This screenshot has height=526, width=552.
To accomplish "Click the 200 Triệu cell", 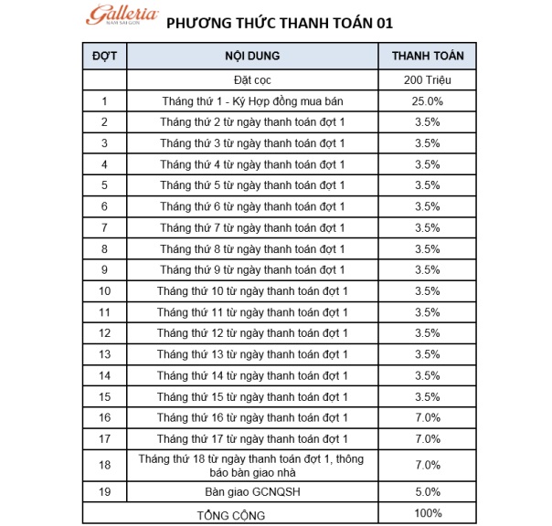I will (x=428, y=80).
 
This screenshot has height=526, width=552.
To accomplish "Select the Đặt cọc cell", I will (x=251, y=80).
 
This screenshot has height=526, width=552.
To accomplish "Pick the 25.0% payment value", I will (x=428, y=101).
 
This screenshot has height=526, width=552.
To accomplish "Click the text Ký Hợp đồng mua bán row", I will (x=251, y=101).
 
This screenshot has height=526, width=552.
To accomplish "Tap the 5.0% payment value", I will (x=428, y=493).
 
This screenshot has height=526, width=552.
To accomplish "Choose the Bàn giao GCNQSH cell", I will (x=251, y=493).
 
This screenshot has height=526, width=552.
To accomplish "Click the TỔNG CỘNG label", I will (x=231, y=515).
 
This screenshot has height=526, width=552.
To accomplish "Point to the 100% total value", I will (x=428, y=514).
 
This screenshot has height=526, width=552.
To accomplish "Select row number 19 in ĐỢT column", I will (x=105, y=493).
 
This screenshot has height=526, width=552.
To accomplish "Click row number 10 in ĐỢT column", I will (x=105, y=290).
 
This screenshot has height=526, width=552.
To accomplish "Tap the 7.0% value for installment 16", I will (x=428, y=416).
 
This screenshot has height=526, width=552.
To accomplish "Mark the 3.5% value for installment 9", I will (x=428, y=269).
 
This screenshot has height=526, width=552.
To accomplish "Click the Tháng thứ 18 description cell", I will (x=251, y=465).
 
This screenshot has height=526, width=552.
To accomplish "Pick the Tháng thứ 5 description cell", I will (x=251, y=185).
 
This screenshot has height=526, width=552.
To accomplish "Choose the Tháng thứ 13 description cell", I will (x=251, y=353).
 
